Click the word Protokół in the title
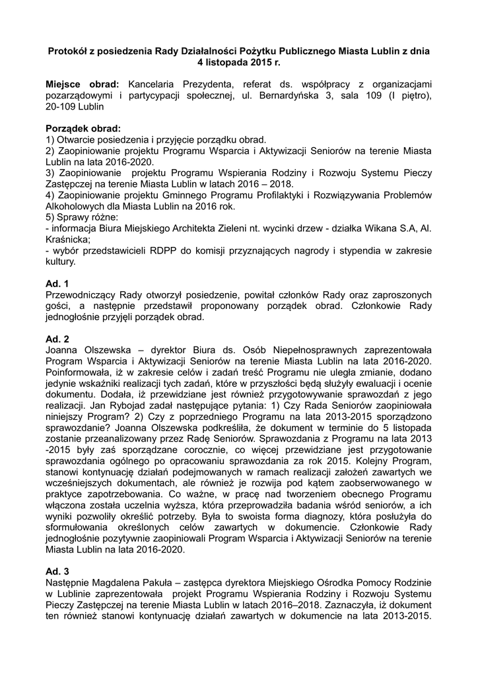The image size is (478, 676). tap(69, 50)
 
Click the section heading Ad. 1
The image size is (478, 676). tap(57, 283)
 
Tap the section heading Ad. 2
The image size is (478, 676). tap(57, 339)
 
